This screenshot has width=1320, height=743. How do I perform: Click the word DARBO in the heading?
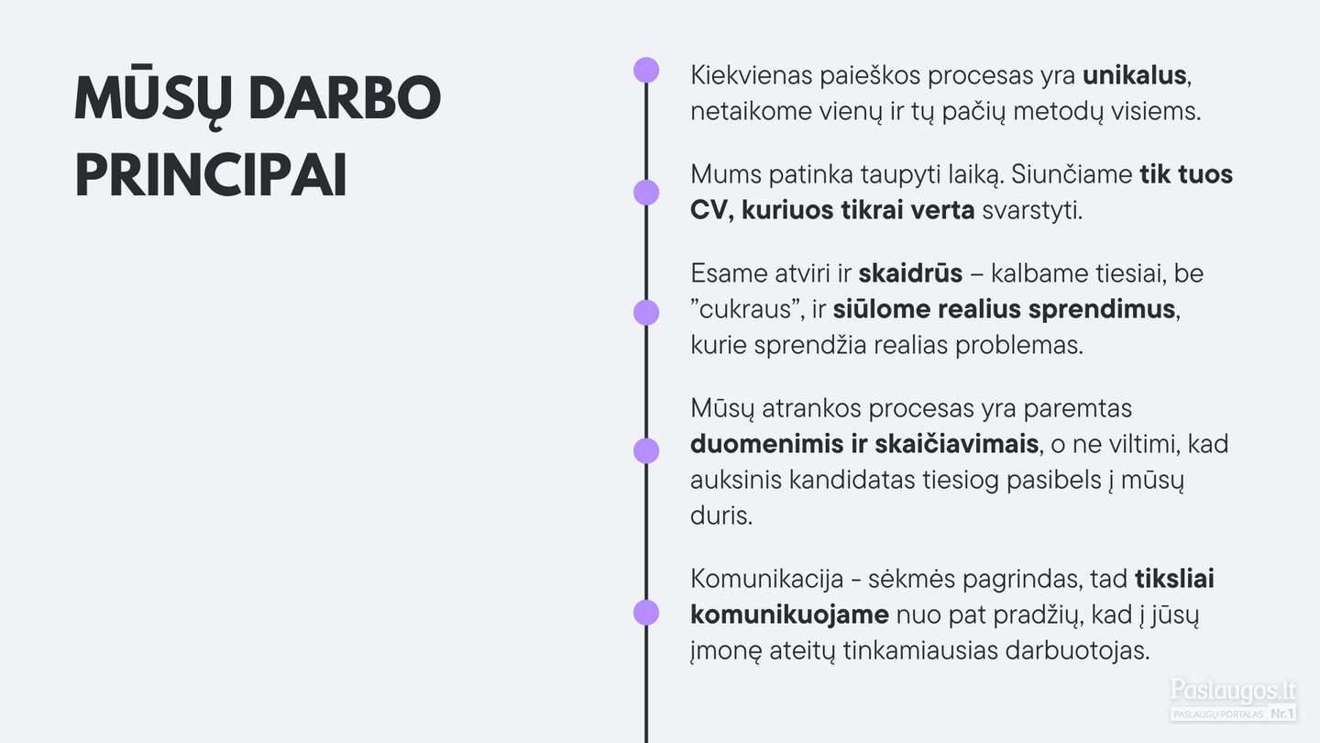tap(345, 98)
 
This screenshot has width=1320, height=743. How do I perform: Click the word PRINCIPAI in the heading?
tap(211, 176)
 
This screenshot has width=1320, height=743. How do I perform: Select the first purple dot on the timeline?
tap(646, 70)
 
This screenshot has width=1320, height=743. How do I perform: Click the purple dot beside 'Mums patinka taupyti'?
tap(646, 193)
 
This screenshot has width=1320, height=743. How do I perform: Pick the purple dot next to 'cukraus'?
tap(646, 313)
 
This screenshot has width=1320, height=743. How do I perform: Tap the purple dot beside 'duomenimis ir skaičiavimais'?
tap(646, 451)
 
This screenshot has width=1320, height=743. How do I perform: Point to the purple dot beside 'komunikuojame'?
tap(646, 613)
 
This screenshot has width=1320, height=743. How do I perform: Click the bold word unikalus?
tap(1135, 75)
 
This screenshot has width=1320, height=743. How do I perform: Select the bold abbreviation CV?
tap(709, 211)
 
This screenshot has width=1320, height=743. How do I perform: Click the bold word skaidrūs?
tap(910, 273)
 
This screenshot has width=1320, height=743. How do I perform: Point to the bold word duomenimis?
tap(766, 444)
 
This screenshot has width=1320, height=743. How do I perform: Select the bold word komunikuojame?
tap(789, 615)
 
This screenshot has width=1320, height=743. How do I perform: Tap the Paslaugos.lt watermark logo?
tap(1233, 700)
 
